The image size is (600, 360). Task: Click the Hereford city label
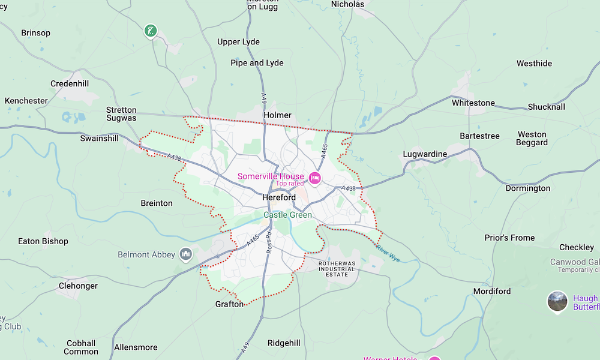[279, 197]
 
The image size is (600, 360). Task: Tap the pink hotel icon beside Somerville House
[315, 178]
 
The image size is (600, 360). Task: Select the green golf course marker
[150, 30]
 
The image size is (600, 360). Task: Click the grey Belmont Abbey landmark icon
[185, 254]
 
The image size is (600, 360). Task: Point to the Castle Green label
[288, 215]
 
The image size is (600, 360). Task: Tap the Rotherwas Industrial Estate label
[337, 269]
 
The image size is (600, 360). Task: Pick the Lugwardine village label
[425, 154]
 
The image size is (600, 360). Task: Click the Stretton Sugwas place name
[121, 114]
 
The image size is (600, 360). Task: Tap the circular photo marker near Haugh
[557, 301]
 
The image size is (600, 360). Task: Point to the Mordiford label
[492, 291]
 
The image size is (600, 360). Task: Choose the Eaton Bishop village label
[43, 241]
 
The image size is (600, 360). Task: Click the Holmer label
[277, 115]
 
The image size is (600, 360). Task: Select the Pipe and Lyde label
[257, 63]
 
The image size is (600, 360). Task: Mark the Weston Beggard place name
[532, 139]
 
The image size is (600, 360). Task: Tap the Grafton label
[230, 304]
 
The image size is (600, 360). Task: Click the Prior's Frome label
[509, 238]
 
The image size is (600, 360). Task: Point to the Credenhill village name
[74, 83]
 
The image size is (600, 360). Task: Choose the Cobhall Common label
[81, 347]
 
